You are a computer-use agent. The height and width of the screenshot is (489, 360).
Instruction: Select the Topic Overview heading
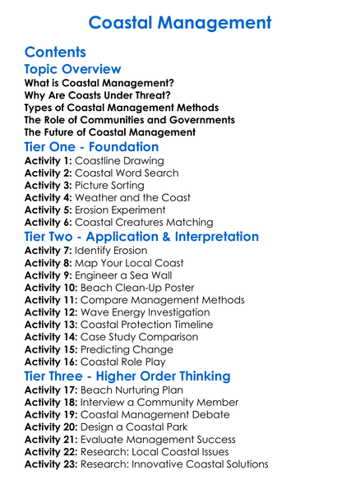click(73, 72)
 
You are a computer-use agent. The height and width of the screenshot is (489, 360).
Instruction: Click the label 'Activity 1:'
click(48, 161)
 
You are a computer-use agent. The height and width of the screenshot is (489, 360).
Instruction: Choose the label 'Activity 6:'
click(48, 222)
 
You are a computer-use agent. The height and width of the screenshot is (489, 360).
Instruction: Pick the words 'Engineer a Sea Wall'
click(124, 275)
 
